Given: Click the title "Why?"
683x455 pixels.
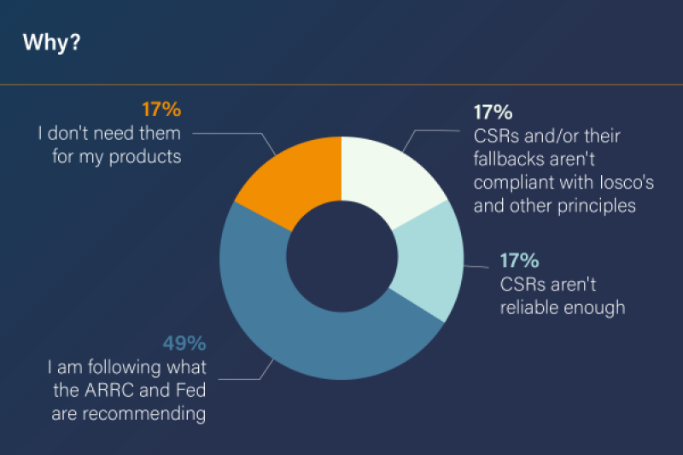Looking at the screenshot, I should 51,43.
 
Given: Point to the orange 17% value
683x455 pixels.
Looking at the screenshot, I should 162,110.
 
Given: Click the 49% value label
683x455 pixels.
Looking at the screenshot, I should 184,344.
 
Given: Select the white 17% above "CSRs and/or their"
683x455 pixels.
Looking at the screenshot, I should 493,112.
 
